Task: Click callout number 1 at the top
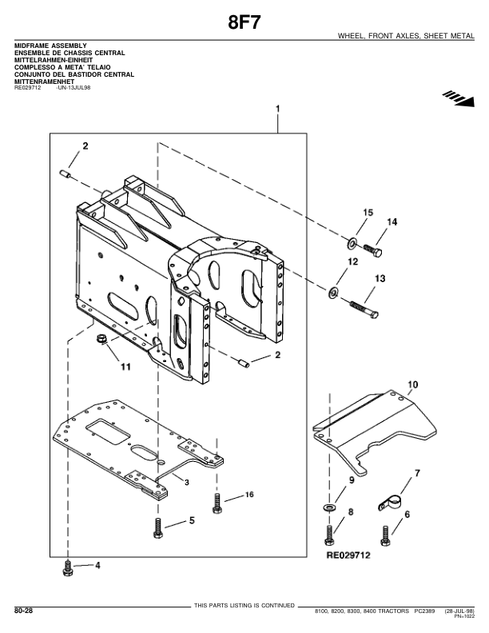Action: click(277, 107)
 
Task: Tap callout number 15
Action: click(368, 212)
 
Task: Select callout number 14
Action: click(392, 221)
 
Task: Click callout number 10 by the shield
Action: click(412, 384)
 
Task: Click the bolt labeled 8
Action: click(329, 533)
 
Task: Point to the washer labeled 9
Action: click(329, 507)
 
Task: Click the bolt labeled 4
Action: click(66, 569)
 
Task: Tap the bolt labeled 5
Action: click(158, 529)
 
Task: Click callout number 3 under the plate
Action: click(185, 483)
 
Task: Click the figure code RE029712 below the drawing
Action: click(348, 553)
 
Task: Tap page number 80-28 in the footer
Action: click(24, 611)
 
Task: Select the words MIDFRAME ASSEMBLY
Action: click(50, 46)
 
